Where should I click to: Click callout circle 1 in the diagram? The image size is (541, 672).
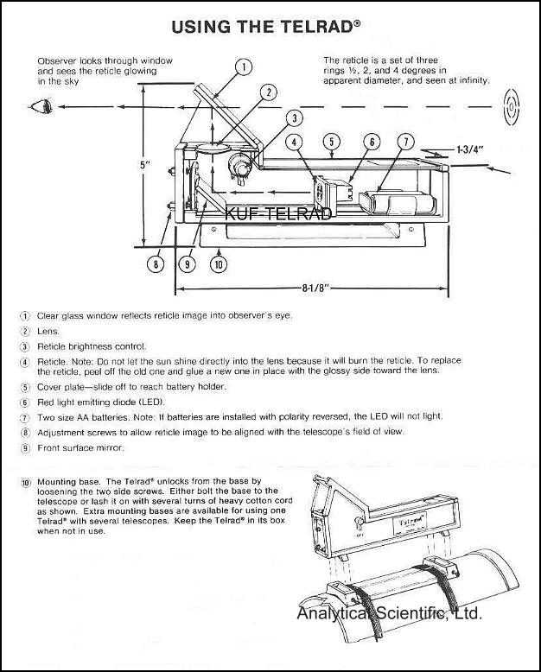tap(245, 67)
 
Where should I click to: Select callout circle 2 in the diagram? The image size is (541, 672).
tap(270, 92)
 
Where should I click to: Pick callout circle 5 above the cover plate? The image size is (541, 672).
tap(333, 141)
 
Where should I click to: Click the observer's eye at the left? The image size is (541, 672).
tap(40, 108)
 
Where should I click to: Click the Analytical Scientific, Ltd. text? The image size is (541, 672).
tap(389, 614)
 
